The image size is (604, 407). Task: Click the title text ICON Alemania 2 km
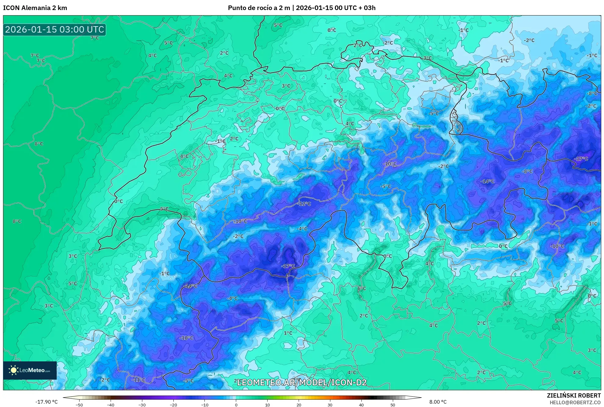pyautogui.click(x=35, y=8)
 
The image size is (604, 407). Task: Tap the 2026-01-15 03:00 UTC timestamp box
pyautogui.click(x=55, y=30)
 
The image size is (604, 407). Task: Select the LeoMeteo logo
pyautogui.click(x=30, y=370)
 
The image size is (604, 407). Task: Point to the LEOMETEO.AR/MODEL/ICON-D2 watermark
pyautogui.click(x=302, y=382)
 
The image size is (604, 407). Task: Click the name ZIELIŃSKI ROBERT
pyautogui.click(x=574, y=395)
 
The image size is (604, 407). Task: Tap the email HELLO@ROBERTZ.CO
pyautogui.click(x=575, y=402)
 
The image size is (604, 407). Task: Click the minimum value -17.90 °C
pyautogui.click(x=46, y=402)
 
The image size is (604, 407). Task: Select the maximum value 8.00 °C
pyautogui.click(x=438, y=402)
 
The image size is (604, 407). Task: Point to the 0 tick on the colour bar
pyautogui.click(x=236, y=405)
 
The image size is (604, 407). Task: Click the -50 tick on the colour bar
pyautogui.click(x=79, y=405)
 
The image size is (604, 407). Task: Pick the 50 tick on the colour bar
pyautogui.click(x=393, y=405)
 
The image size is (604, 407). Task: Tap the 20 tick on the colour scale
pyautogui.click(x=299, y=405)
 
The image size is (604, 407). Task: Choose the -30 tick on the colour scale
pyautogui.click(x=142, y=405)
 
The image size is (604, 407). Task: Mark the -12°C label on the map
pyautogui.click(x=304, y=203)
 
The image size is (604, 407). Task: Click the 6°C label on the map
pyautogui.click(x=362, y=288)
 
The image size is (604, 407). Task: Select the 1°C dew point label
pyautogui.click(x=288, y=333)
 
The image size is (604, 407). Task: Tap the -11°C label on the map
pyautogui.click(x=139, y=380)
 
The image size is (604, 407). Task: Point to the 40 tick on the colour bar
pyautogui.click(x=361, y=405)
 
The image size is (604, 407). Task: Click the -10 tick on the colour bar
pyautogui.click(x=204, y=405)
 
